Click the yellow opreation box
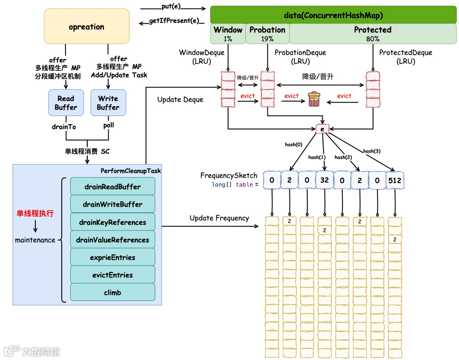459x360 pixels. (x=87, y=26)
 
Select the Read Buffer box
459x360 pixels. (x=65, y=103)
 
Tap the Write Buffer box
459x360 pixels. (x=108, y=103)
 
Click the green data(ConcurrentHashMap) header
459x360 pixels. (x=333, y=15)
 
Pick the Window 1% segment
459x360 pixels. (x=228, y=34)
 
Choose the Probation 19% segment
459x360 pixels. (x=267, y=34)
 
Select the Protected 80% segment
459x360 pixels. (x=373, y=34)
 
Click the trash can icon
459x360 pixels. (x=314, y=99)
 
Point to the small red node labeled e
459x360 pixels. (x=322, y=128)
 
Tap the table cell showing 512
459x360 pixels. (x=395, y=180)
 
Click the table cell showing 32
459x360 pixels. (x=325, y=180)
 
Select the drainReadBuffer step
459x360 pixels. (x=113, y=187)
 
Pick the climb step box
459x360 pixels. (x=113, y=292)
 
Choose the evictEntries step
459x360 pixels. (x=113, y=275)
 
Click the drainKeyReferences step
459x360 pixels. (x=113, y=222)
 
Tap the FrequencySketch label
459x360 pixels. (x=229, y=176)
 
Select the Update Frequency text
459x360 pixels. (x=219, y=218)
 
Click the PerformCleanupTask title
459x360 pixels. (x=131, y=171)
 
